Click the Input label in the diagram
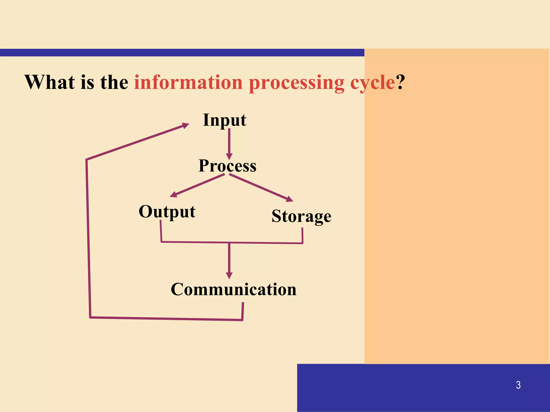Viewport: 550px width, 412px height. pos(225,120)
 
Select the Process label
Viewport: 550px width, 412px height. pos(227,166)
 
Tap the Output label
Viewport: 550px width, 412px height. pos(167,212)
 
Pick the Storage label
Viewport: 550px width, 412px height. pos(301,216)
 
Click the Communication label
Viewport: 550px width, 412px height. pos(234,289)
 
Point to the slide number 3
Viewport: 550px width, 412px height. pos(518,385)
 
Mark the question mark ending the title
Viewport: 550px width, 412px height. pos(400,82)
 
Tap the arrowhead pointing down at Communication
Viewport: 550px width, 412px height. pos(229,275)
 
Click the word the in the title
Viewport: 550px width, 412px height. pos(114,82)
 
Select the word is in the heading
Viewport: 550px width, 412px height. pos(87,82)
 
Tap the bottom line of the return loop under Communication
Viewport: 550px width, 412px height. pos(167,319)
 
